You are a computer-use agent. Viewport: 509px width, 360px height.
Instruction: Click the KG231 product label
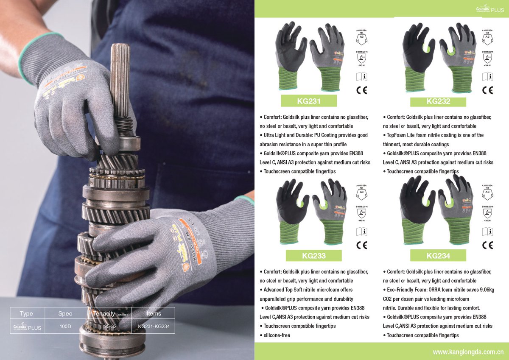click(308, 101)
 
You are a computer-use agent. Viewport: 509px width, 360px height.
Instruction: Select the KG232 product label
click(438, 101)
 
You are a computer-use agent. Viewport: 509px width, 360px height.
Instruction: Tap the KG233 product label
click(313, 256)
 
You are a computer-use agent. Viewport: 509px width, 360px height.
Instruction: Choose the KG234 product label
click(438, 256)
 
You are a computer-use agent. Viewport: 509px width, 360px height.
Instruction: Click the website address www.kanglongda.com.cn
click(468, 352)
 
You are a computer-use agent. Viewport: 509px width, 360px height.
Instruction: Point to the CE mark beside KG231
click(362, 90)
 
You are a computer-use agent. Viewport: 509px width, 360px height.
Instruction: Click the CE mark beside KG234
click(488, 245)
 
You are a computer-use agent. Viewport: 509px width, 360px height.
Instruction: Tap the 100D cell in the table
click(65, 327)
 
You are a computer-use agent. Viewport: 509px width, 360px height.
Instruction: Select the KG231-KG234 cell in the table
click(154, 327)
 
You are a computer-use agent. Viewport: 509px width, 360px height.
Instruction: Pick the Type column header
click(26, 314)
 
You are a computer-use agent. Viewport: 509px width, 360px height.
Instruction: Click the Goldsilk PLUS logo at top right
click(489, 9)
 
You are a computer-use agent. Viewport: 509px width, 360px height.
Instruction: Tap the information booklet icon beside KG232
click(488, 77)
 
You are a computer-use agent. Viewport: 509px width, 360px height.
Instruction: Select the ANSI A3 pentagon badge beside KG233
click(362, 194)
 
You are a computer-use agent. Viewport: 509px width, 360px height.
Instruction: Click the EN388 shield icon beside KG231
click(362, 58)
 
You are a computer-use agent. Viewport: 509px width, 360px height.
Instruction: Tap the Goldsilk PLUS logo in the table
click(27, 327)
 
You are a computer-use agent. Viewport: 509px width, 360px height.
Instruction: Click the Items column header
click(154, 314)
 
